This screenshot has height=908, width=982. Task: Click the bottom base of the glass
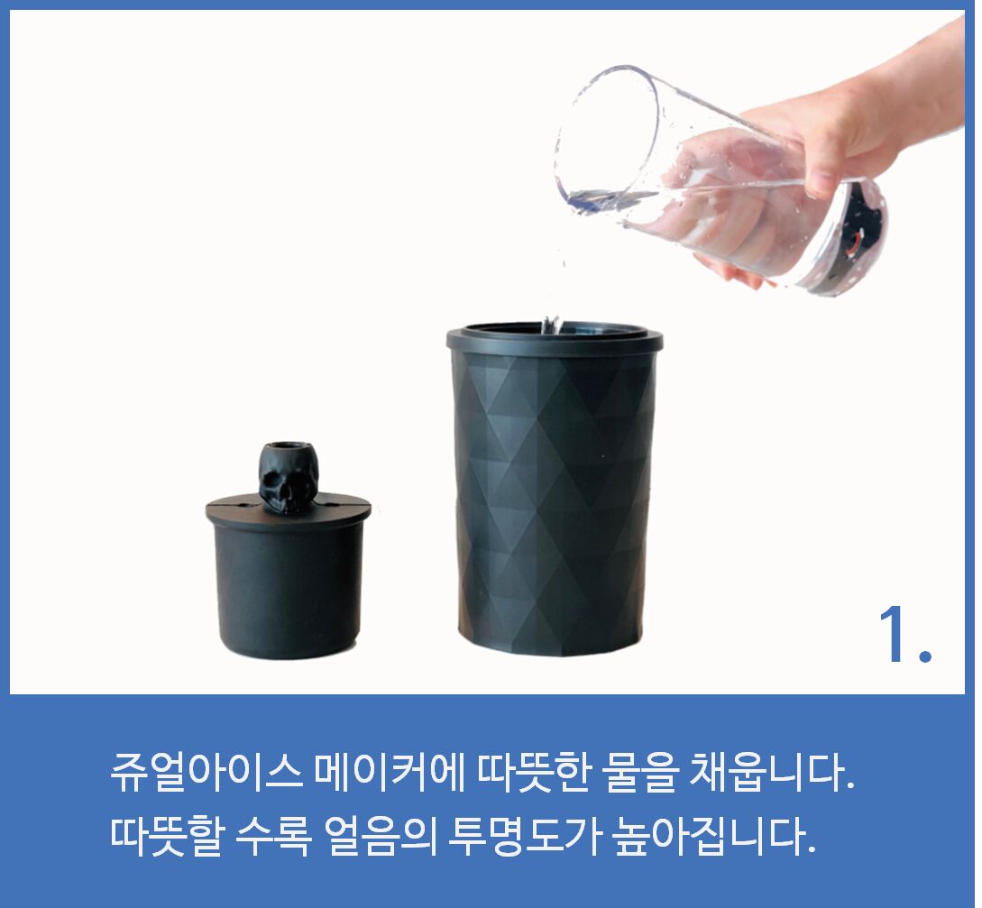[852, 239]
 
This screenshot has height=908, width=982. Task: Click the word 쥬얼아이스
[206, 771]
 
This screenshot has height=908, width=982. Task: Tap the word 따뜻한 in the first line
[532, 771]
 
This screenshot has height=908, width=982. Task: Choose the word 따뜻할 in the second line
[166, 836]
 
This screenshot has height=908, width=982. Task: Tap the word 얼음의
[380, 836]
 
